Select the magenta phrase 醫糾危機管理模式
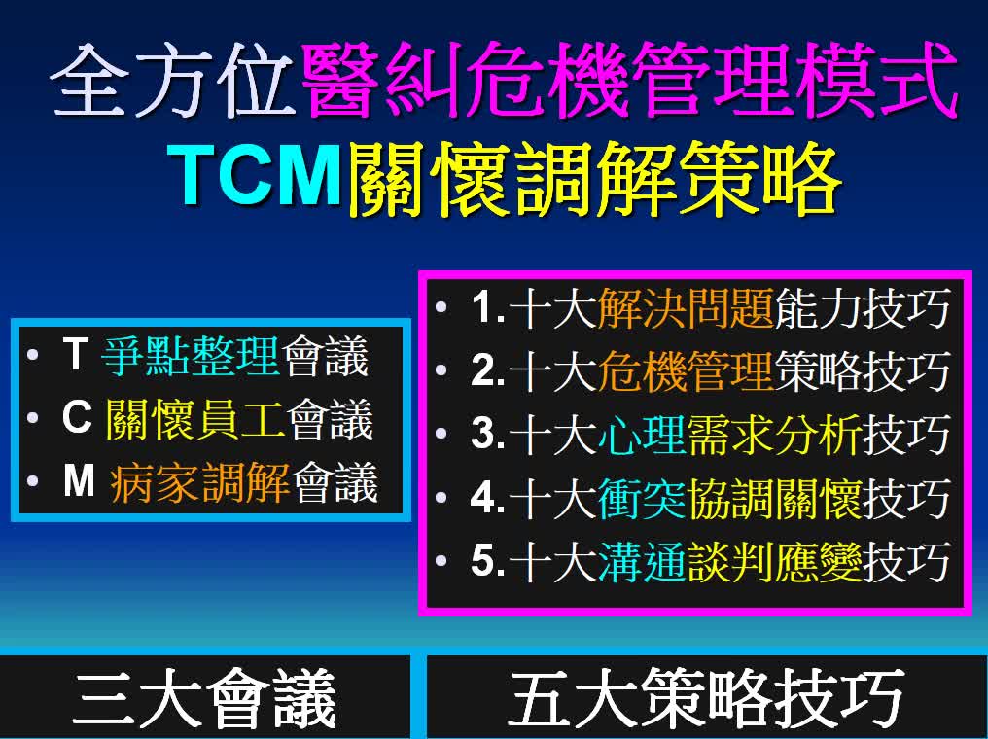click(631, 81)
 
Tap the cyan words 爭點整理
click(190, 356)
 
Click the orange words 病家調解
click(199, 482)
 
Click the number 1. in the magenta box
click(488, 308)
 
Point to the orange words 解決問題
click(686, 308)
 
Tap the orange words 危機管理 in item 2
click(686, 371)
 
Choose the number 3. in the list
click(488, 434)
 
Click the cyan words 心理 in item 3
click(642, 435)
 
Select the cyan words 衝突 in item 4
click(642, 498)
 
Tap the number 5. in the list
click(488, 561)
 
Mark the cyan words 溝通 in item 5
click(642, 561)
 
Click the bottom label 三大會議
click(205, 699)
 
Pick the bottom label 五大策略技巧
click(706, 699)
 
